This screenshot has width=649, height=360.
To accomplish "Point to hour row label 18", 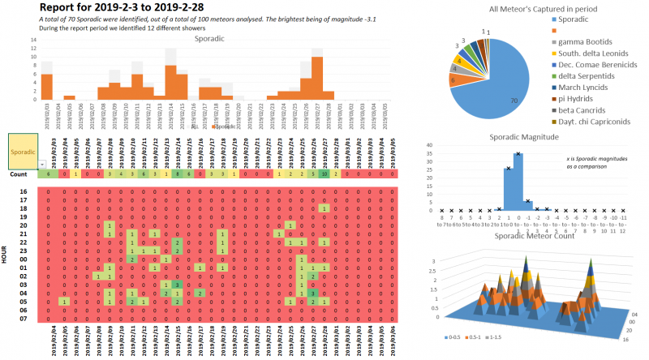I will pos(24,208).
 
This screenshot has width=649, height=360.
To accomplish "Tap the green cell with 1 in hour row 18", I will pos(323,208).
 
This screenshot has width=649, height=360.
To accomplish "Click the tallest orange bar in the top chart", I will pos(317,78).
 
